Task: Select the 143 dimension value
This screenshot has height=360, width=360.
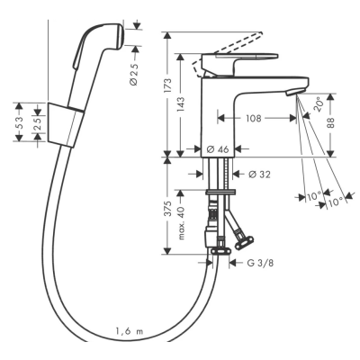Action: click(x=181, y=104)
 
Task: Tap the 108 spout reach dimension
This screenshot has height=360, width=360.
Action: click(x=254, y=118)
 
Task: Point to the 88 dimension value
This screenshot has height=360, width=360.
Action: click(x=330, y=123)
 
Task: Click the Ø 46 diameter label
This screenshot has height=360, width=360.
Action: click(x=218, y=148)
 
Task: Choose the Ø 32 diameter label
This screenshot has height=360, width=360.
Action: click(x=259, y=174)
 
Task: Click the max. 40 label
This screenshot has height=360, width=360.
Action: click(x=181, y=220)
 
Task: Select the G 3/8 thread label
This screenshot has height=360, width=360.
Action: click(x=260, y=263)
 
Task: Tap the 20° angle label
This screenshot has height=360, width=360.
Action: click(x=319, y=105)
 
